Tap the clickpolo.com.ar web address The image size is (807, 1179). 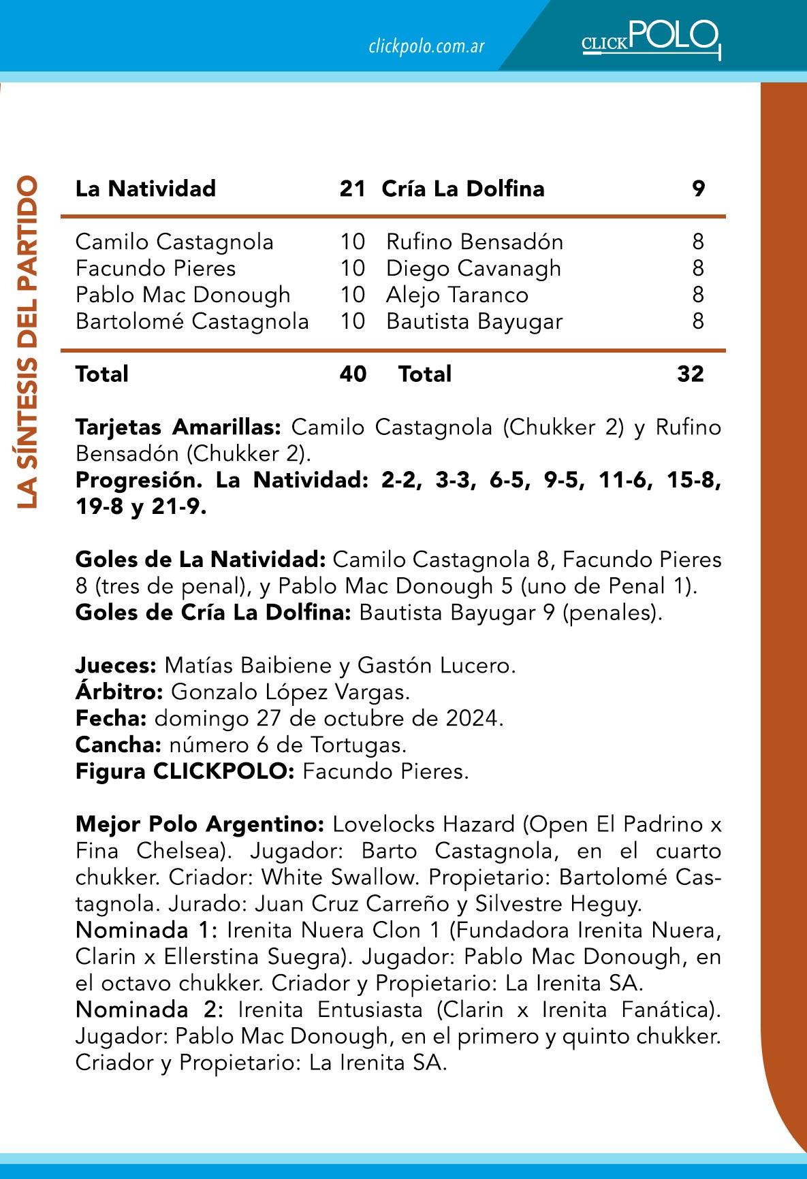coord(426,47)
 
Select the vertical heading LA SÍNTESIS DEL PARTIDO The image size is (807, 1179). coord(28,342)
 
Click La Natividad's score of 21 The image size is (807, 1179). coord(353,189)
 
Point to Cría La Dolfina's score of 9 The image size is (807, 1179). coord(698,189)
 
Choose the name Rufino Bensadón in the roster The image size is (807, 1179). coord(475,242)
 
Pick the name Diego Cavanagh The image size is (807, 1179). coord(473,268)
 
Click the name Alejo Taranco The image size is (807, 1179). coord(457,295)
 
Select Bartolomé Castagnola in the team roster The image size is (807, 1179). coord(192,321)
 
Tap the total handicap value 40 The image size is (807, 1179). coord(353,374)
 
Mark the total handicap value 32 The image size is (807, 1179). coord(691,374)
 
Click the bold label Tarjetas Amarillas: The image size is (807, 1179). coord(178,427)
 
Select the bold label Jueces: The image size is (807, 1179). coord(116,665)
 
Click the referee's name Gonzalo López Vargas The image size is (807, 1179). coord(290,692)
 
